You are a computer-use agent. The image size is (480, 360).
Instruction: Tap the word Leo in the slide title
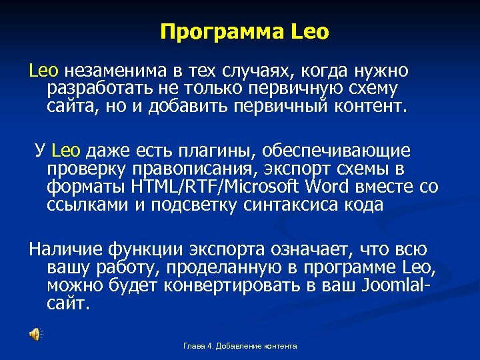310,32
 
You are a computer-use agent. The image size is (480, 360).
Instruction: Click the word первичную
301,89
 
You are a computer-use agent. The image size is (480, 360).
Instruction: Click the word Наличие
63,250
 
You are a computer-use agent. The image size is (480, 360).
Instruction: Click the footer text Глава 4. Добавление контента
240,346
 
